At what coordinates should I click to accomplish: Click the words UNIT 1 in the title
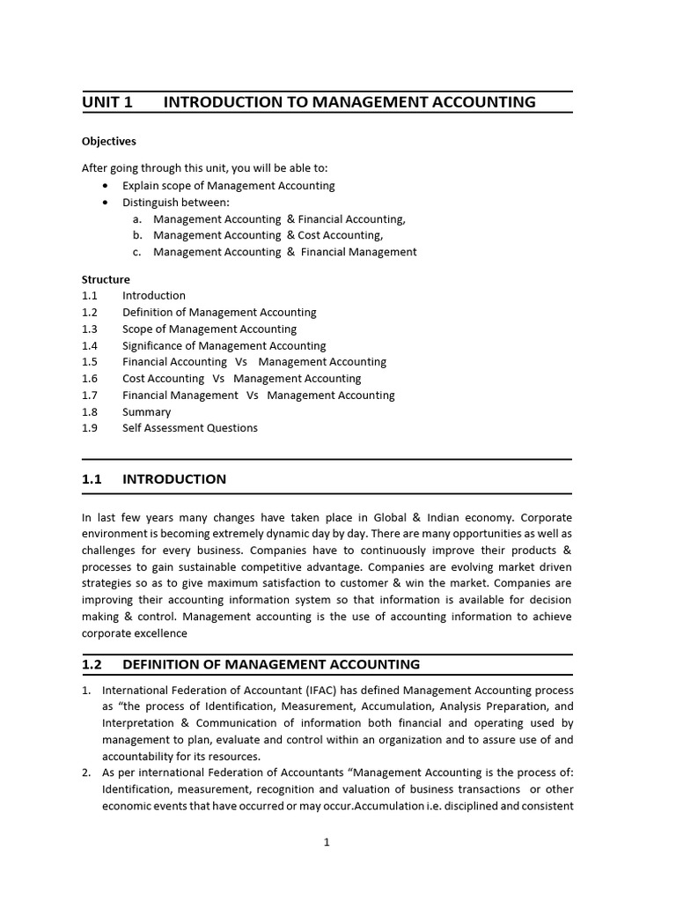(107, 102)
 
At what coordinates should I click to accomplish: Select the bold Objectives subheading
(109, 141)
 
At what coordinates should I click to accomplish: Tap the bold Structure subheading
(106, 279)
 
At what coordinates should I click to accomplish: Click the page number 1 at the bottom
(327, 842)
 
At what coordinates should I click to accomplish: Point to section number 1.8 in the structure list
(90, 411)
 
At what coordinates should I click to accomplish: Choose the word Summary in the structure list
(147, 411)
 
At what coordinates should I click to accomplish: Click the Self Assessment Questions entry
(190, 428)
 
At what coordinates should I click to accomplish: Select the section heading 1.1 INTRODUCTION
(154, 479)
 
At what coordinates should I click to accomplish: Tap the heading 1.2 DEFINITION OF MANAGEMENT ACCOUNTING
(251, 664)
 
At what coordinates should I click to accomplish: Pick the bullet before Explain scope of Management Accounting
(107, 186)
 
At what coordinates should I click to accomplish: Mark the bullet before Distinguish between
(107, 203)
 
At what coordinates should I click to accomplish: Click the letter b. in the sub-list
(137, 235)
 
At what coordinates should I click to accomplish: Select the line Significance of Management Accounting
(224, 345)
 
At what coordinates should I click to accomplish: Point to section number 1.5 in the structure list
(90, 362)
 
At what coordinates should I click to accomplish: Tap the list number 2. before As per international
(87, 773)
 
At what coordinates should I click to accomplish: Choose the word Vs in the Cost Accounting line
(219, 379)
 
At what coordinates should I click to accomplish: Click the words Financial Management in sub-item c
(358, 252)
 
